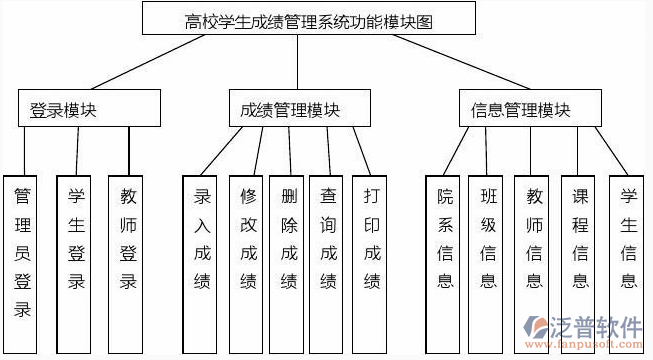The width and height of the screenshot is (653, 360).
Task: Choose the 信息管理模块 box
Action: pyautogui.click(x=521, y=109)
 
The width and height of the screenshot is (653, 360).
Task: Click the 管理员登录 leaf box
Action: pyautogui.click(x=22, y=250)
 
